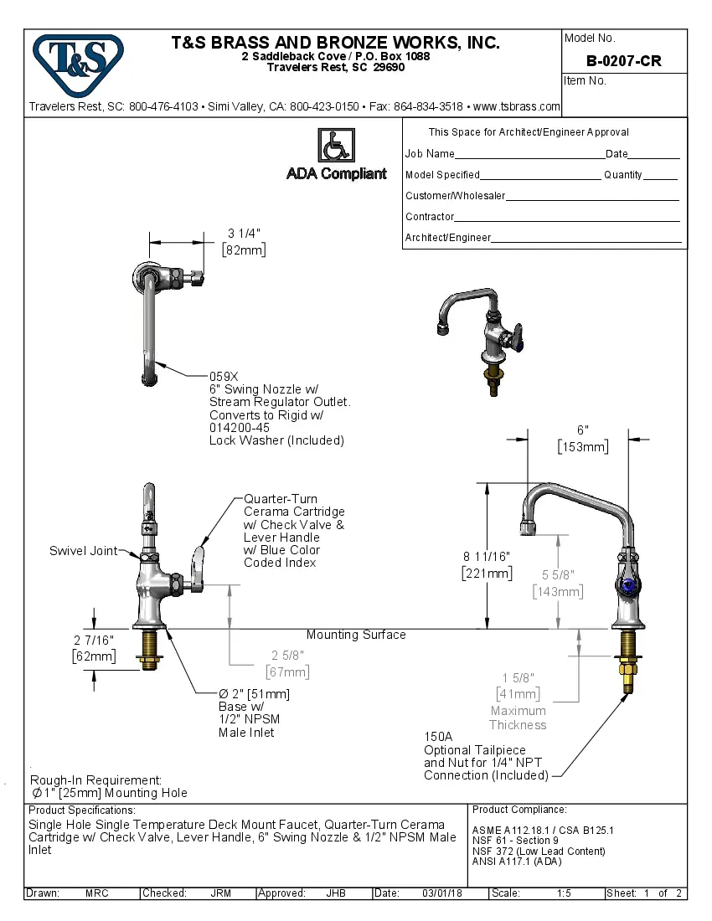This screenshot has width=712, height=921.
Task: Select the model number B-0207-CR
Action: tap(624, 60)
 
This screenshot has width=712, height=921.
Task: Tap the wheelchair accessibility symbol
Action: tap(336, 146)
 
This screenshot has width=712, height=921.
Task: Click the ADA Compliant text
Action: tap(337, 173)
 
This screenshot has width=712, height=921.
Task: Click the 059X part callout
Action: tap(224, 377)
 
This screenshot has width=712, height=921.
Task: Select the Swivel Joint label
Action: tap(83, 551)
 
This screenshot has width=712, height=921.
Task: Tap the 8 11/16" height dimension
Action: tap(487, 557)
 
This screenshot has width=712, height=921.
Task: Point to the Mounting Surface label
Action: tap(355, 635)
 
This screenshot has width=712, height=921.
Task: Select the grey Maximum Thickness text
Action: tap(518, 718)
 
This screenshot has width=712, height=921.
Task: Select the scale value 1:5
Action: tap(564, 893)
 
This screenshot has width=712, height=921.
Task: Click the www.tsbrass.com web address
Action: tap(516, 106)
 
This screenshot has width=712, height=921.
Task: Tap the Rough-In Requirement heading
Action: tap(96, 780)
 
